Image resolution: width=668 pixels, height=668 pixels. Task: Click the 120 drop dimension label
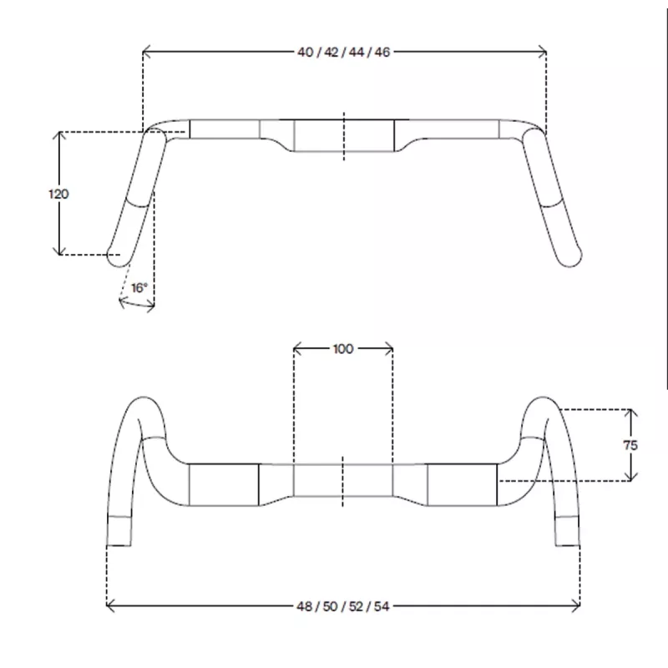coord(58,195)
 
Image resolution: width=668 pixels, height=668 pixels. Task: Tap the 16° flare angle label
coord(139,288)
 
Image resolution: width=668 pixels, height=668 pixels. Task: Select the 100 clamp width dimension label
coord(343,349)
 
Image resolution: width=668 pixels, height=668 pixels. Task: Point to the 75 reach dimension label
coord(630,445)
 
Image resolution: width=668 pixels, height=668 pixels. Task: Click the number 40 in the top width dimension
coord(305,52)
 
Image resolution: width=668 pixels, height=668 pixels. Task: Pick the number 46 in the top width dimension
coord(382,52)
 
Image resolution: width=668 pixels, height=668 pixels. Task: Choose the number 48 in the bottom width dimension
coord(304,606)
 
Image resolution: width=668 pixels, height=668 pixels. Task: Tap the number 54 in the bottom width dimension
coord(382,606)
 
